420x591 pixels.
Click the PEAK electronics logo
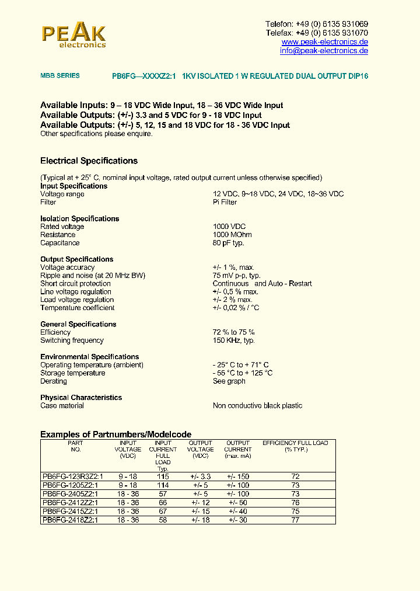coord(73,36)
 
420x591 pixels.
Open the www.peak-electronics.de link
coord(325,42)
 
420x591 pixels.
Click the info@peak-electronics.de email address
coord(324,51)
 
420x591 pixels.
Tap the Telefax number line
coord(317,33)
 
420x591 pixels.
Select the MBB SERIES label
coord(60,76)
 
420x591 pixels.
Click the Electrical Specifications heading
coord(89,161)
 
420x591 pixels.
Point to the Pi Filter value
coord(225,202)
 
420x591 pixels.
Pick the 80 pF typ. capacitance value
coord(228,243)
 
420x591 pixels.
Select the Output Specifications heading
coord(77,259)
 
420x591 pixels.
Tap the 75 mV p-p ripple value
coord(236,276)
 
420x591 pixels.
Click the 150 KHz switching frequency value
coord(233,340)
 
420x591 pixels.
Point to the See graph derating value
coord(229,381)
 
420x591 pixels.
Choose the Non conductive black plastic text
coord(257,406)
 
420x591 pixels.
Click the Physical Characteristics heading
coord(81,398)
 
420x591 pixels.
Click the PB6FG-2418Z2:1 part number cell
coord(71,520)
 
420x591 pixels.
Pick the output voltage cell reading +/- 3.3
coord(200,477)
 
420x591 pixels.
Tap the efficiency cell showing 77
coord(295,520)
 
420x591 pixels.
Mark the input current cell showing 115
coord(163,477)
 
